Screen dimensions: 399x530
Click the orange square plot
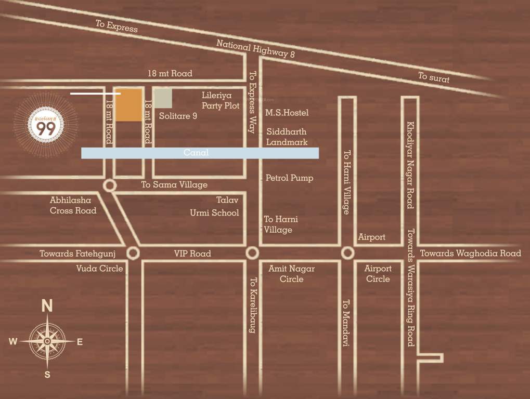pyautogui.click(x=128, y=104)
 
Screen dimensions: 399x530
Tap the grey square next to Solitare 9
pyautogui.click(x=163, y=98)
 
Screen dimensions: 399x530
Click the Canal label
pyautogui.click(x=196, y=153)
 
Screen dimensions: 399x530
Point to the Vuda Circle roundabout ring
pyautogui.click(x=133, y=253)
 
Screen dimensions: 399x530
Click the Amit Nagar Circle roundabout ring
pyautogui.click(x=252, y=253)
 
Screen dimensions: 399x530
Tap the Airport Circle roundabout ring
pyautogui.click(x=348, y=253)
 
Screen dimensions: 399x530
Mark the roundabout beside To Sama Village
pyautogui.click(x=109, y=185)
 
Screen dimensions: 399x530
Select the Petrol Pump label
pyautogui.click(x=289, y=178)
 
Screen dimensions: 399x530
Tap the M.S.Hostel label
pyautogui.click(x=287, y=112)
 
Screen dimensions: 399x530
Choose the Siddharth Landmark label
pyautogui.click(x=287, y=137)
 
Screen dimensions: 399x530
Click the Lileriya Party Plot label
pyautogui.click(x=221, y=101)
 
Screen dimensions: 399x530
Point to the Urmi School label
pyautogui.click(x=214, y=212)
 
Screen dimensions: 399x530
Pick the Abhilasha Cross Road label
pyautogui.click(x=73, y=205)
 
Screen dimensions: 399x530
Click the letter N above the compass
pyautogui.click(x=47, y=306)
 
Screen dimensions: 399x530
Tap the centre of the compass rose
pyautogui.click(x=47, y=341)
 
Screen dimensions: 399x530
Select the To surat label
pyautogui.click(x=434, y=78)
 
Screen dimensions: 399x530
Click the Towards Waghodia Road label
pyautogui.click(x=470, y=254)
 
